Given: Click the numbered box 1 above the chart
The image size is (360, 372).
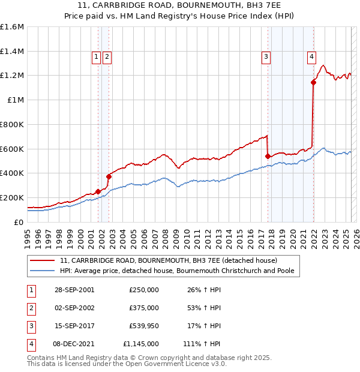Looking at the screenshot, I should tap(95, 57).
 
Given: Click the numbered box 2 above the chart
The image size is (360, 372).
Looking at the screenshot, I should tap(106, 57).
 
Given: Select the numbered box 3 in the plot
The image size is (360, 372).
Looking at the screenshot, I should tap(265, 57).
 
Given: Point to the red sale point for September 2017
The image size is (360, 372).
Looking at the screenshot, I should tap(268, 156).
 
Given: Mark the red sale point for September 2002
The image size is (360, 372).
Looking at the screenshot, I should tap(109, 176).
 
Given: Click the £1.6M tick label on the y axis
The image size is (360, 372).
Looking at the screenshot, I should tap(12, 27).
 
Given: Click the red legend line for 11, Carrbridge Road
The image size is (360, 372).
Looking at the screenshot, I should tap(43, 260).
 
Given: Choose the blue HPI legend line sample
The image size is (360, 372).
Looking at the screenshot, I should tap(43, 271).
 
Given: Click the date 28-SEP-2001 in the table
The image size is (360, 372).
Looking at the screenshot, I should tap(74, 289).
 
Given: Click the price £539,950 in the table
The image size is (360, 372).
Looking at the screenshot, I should tap(144, 326).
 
